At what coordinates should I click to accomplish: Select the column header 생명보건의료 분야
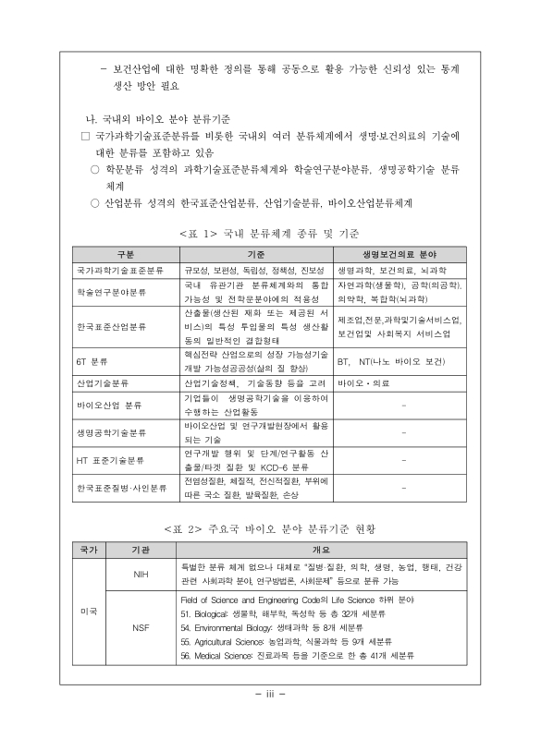(x=400, y=253)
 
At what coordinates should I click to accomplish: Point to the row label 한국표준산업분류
(x=112, y=326)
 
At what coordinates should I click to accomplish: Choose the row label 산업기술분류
(x=102, y=382)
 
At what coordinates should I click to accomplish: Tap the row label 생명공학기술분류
(x=112, y=432)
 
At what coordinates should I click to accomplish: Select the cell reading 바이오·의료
(x=365, y=382)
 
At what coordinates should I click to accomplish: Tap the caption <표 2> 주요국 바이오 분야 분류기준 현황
(x=270, y=528)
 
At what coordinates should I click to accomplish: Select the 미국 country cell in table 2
(x=89, y=611)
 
